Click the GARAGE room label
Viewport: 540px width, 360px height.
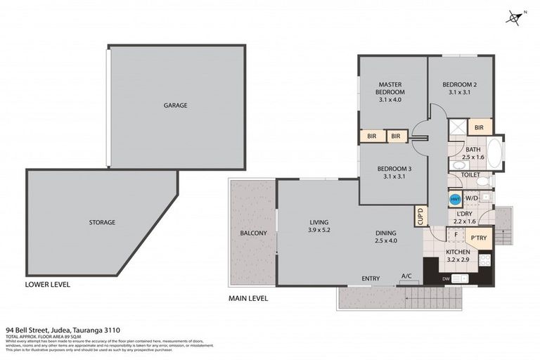[175, 105]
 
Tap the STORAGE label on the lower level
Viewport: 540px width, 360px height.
[103, 222]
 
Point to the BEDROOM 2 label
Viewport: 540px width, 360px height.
[460, 88]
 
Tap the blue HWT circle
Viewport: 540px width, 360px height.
[455, 199]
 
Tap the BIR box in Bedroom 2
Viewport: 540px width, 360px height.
[479, 127]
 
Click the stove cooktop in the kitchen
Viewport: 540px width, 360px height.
[484, 260]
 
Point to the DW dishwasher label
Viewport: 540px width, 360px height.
[446, 279]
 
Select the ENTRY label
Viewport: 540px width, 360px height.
[371, 278]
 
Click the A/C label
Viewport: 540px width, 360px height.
[406, 276]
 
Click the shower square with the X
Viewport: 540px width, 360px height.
[457, 127]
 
